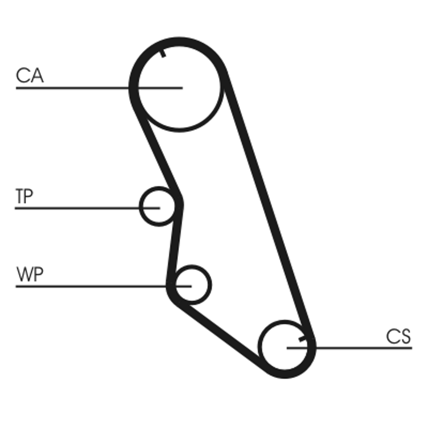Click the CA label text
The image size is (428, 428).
click(29, 75)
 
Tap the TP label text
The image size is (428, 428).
click(24, 197)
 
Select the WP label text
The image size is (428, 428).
click(30, 275)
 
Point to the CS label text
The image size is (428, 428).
click(399, 337)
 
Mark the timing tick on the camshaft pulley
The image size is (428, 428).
click(163, 52)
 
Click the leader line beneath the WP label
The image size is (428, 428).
click(86, 287)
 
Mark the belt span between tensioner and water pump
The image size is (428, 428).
click(174, 243)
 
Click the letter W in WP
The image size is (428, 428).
click(25, 275)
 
